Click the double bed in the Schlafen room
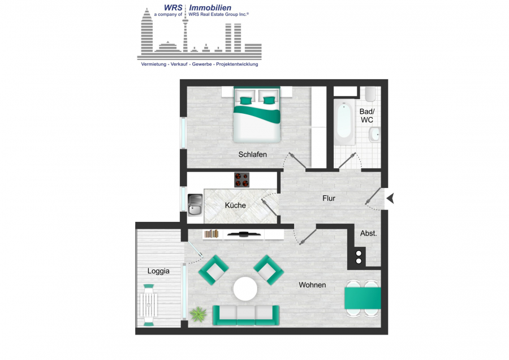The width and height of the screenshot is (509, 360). (x=257, y=115)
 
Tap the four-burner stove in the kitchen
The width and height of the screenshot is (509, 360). (x=242, y=179)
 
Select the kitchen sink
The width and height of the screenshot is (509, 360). (x=195, y=205)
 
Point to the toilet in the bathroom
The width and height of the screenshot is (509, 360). (x=370, y=94)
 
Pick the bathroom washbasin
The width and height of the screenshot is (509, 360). (x=374, y=134)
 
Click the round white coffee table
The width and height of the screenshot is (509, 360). (x=245, y=289)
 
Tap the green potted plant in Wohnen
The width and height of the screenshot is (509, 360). (x=198, y=314)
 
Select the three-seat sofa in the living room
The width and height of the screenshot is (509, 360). (x=246, y=315)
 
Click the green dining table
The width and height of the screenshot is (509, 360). (x=363, y=298)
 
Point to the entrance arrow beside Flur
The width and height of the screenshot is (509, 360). (x=390, y=198)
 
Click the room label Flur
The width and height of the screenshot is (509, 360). (x=329, y=198)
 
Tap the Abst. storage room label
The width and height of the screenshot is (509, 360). (x=368, y=233)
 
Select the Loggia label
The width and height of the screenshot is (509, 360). (x=158, y=271)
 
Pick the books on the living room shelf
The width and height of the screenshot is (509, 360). (x=212, y=234)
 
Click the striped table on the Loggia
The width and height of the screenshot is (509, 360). (x=149, y=305)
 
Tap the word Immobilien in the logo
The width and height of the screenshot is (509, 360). (x=210, y=8)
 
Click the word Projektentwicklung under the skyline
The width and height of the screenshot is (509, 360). (x=237, y=65)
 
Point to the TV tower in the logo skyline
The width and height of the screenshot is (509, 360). (x=185, y=35)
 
